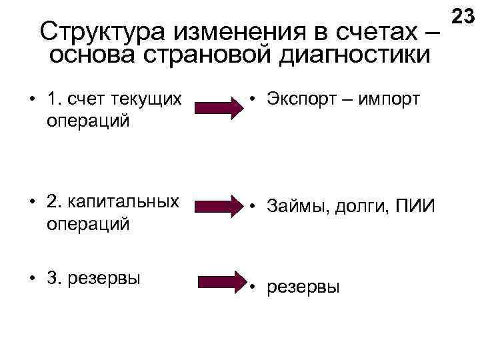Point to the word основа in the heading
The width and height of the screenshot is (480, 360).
point(91,54)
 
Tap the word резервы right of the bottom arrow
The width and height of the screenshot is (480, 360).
point(303,287)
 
